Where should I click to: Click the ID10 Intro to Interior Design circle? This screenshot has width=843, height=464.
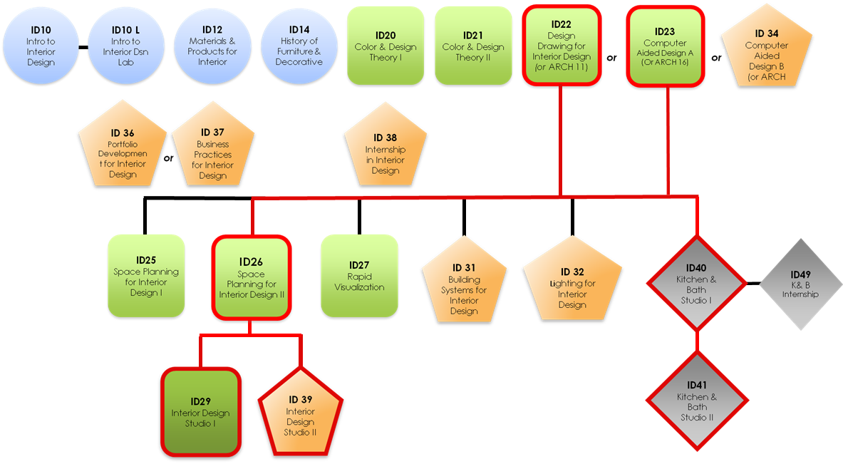pos(41,46)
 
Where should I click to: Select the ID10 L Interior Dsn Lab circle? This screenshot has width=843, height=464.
pos(126,46)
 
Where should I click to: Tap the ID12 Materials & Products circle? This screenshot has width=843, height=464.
pos(212,46)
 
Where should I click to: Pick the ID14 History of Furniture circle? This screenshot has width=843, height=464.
pos(299,46)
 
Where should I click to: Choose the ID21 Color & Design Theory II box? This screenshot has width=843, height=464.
pos(472,47)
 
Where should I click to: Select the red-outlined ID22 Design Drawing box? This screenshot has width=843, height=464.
pos(562,47)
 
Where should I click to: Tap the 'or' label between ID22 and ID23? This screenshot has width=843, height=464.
pos(611,57)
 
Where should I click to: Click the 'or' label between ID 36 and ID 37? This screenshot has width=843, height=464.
pos(168,158)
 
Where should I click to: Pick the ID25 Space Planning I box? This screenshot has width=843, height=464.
pos(145,276)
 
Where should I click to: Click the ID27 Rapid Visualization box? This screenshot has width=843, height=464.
pos(359,276)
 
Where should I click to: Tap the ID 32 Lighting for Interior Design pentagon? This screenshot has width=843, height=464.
pos(572,289)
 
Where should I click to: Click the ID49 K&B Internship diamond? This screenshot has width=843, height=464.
pos(800,284)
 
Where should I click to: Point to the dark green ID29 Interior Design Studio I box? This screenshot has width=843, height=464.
pos(200,413)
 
